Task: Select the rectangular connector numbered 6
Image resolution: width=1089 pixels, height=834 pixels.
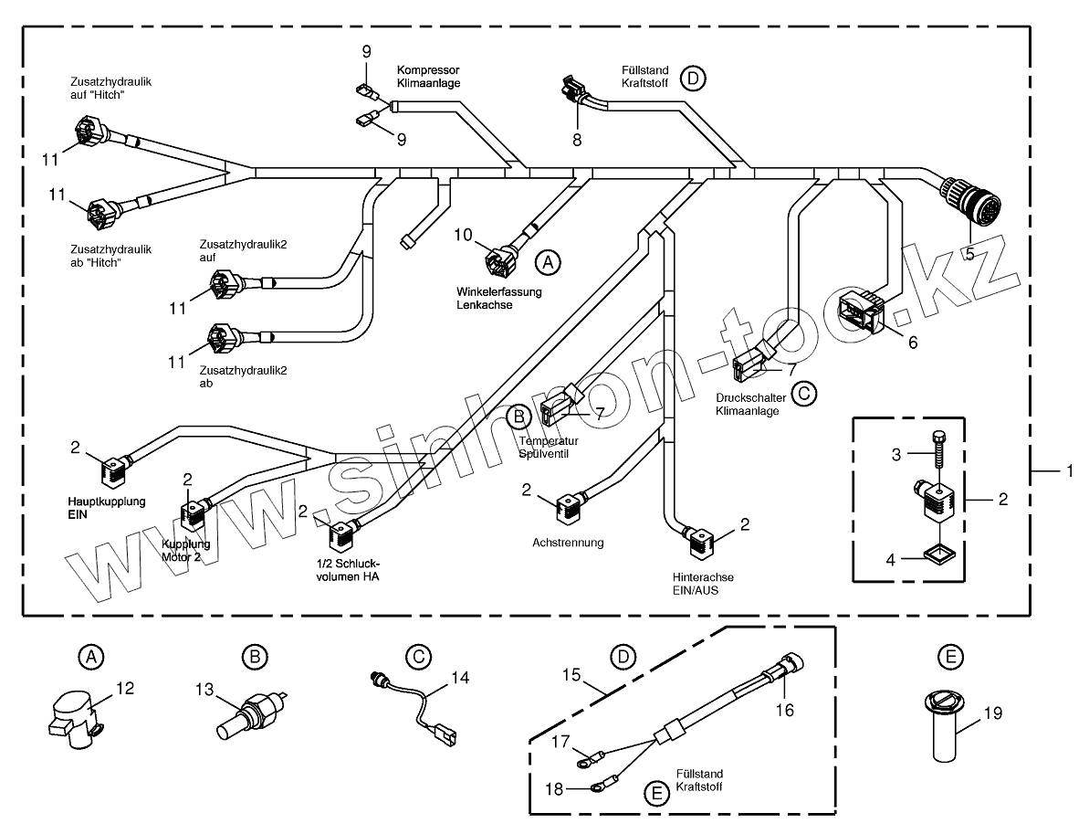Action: (x=862, y=311)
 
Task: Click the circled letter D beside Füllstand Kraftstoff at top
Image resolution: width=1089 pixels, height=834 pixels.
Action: (x=693, y=79)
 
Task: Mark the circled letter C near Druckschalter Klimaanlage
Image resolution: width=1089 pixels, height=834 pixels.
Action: (x=803, y=394)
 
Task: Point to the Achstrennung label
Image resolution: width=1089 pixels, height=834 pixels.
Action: (x=568, y=542)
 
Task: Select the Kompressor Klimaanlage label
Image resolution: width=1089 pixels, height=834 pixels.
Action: (x=428, y=76)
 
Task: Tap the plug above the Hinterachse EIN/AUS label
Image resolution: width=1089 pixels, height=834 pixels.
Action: (x=699, y=539)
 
